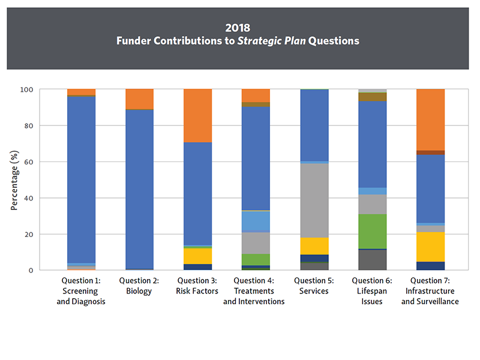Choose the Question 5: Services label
click(314, 286)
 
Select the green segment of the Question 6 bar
click(372, 231)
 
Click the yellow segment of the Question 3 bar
click(197, 256)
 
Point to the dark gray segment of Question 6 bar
click(372, 259)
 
